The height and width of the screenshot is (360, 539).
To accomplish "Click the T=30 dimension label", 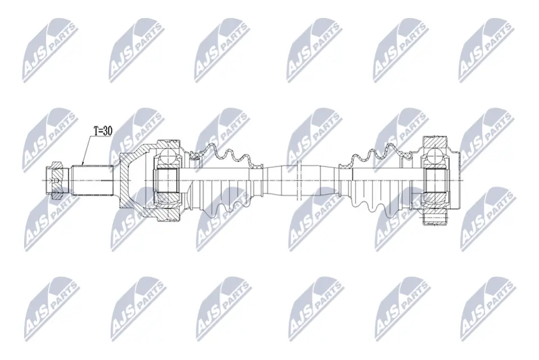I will tap(102, 131).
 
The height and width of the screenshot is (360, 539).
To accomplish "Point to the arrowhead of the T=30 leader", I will tap(83, 164).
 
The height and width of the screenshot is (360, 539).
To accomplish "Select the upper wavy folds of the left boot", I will tap(225, 154).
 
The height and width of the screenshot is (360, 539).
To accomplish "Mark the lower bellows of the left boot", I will tap(225, 205).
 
